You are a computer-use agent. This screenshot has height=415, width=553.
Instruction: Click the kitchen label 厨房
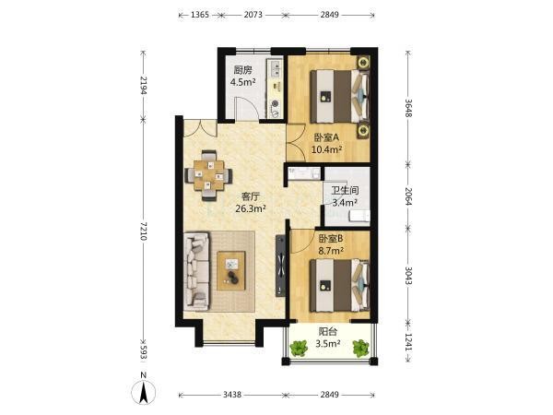click(243, 69)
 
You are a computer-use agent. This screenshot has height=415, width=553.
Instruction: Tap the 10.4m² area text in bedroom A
click(326, 149)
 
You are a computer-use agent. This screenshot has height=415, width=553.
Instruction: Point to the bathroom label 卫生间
click(345, 191)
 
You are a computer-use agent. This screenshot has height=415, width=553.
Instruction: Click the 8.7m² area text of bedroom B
click(331, 251)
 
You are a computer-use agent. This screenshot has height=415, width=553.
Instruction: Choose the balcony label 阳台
click(327, 332)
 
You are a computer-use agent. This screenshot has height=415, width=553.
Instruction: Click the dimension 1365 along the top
click(200, 15)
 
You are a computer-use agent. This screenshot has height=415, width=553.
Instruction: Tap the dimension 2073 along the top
click(253, 15)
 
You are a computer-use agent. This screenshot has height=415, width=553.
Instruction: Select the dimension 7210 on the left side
click(143, 231)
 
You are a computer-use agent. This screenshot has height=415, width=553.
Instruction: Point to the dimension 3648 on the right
click(408, 107)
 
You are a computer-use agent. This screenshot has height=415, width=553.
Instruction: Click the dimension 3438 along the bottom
click(232, 395)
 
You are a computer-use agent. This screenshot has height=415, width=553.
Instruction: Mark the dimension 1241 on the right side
click(408, 342)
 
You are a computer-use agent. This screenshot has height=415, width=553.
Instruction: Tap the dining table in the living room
click(209, 175)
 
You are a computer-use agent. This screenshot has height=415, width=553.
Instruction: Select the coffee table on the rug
click(231, 271)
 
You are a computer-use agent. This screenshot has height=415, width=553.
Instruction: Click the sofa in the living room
click(197, 271)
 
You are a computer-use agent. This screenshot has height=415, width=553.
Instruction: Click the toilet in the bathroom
click(359, 216)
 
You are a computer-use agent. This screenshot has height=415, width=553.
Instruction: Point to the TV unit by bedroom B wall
click(281, 266)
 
